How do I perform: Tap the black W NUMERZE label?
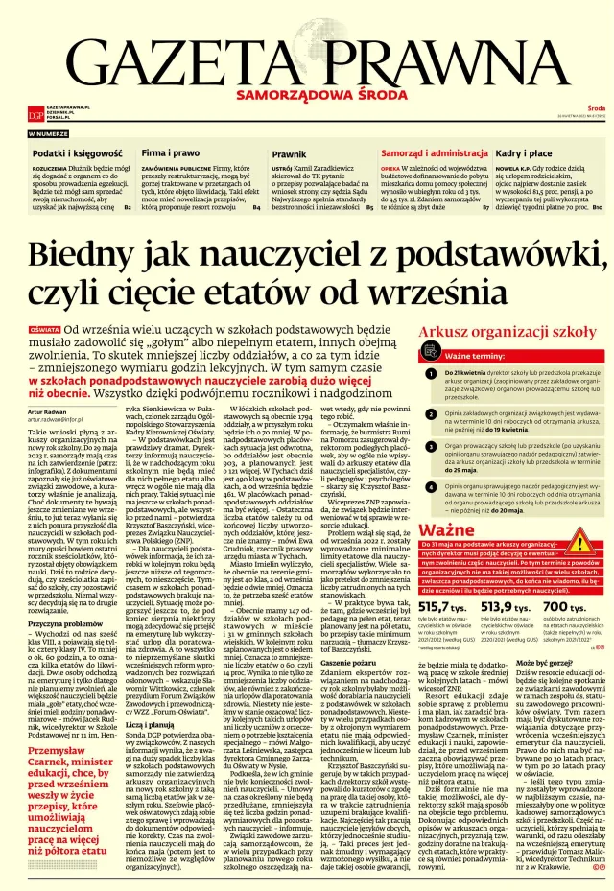pos(48,134)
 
